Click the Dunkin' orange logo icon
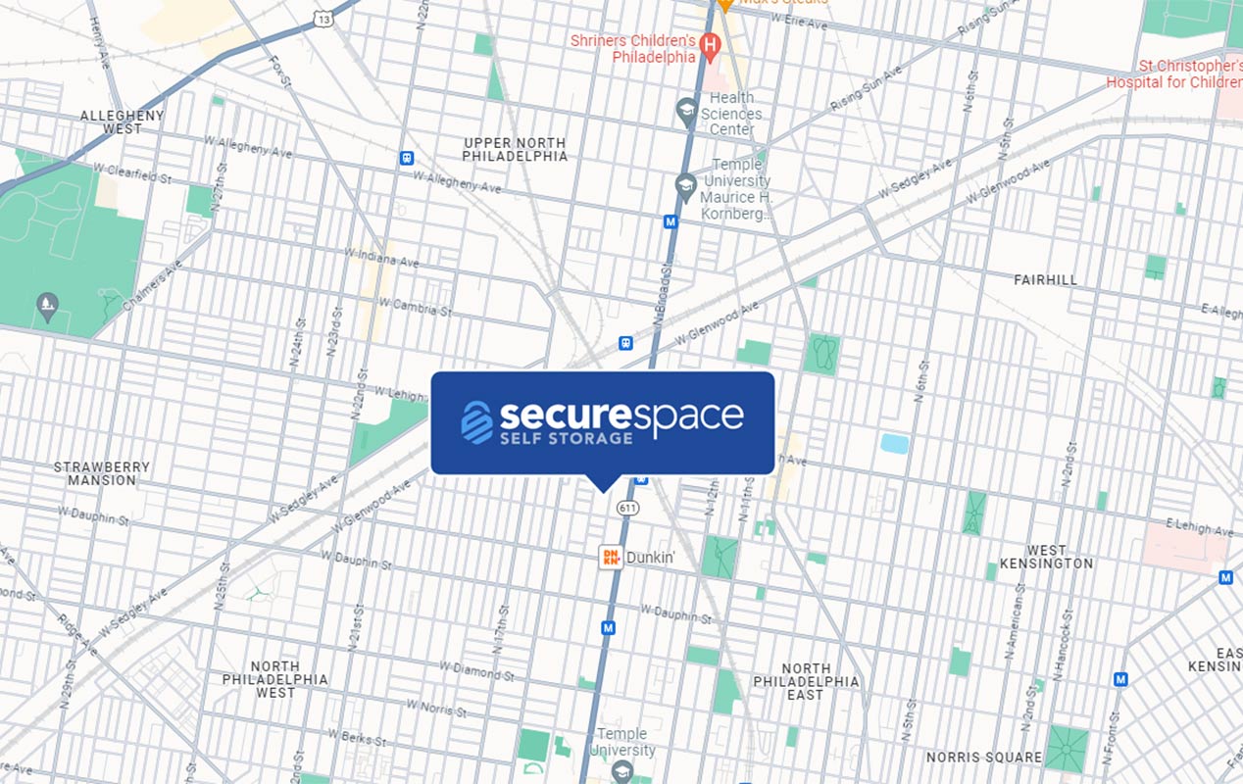pyautogui.click(x=611, y=557)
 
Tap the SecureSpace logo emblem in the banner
pyautogui.click(x=477, y=421)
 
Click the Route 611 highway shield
pyautogui.click(x=628, y=508)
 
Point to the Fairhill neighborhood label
pyautogui.click(x=1045, y=280)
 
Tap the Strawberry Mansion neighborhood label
pyautogui.click(x=102, y=473)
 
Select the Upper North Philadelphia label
pyautogui.click(x=515, y=150)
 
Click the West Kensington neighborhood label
pyautogui.click(x=1046, y=557)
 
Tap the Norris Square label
pyautogui.click(x=984, y=758)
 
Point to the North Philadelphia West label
pyautogui.click(x=275, y=679)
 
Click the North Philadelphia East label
pyautogui.click(x=806, y=681)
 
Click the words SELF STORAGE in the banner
pyautogui.click(x=567, y=438)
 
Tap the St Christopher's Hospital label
pyautogui.click(x=1174, y=74)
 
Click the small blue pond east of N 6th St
pyautogui.click(x=894, y=443)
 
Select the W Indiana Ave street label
pyautogui.click(x=381, y=258)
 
